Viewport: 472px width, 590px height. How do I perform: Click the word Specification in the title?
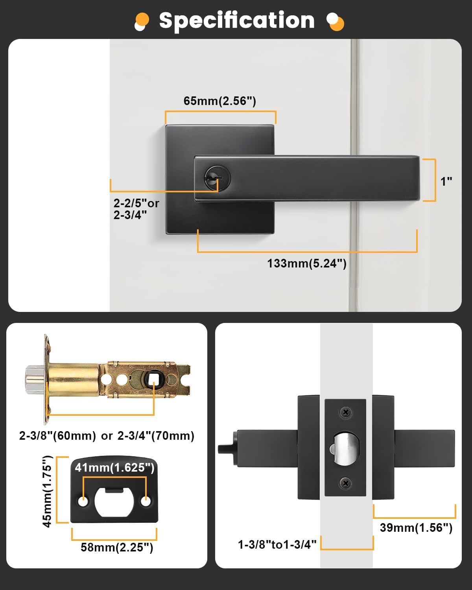(x=236, y=20)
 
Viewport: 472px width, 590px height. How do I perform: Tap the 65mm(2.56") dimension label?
(x=220, y=101)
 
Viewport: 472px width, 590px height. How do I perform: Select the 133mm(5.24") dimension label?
(x=307, y=263)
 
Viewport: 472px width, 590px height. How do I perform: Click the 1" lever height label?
(x=446, y=181)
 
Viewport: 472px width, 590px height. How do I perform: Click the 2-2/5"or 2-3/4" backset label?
(x=136, y=209)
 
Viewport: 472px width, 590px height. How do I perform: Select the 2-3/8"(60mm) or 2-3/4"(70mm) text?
(x=107, y=436)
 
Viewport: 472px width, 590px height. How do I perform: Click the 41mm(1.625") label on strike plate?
(x=114, y=467)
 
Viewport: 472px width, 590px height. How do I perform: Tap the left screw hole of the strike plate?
(x=83, y=502)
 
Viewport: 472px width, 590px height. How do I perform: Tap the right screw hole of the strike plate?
(x=146, y=502)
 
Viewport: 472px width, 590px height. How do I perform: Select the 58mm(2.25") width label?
(x=117, y=547)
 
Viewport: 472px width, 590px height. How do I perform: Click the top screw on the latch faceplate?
(x=345, y=413)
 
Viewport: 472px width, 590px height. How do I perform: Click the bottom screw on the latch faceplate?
(x=345, y=483)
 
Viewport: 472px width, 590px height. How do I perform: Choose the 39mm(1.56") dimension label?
(x=416, y=527)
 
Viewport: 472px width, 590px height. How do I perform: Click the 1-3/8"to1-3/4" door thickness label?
(x=277, y=544)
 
